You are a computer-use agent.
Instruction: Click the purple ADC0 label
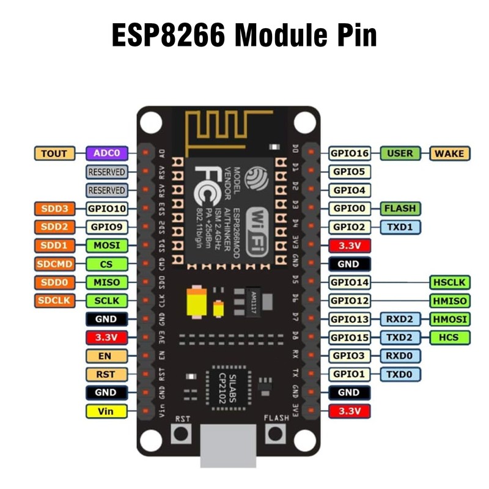[107, 153]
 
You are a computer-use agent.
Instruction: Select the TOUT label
[54, 153]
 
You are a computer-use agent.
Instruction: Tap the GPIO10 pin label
[107, 209]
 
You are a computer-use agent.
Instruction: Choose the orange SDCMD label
[54, 264]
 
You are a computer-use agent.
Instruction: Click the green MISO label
[107, 282]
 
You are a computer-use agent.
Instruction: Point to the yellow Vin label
[107, 411]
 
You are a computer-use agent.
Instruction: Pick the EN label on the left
[107, 356]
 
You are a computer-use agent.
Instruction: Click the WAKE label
[450, 153]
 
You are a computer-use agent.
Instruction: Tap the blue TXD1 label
[400, 227]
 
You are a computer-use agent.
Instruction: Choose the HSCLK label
[450, 282]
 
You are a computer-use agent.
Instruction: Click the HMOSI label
[450, 319]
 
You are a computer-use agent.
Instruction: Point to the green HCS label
[450, 337]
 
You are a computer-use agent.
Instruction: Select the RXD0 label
[400, 356]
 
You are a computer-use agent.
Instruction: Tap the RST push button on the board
[181, 435]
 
